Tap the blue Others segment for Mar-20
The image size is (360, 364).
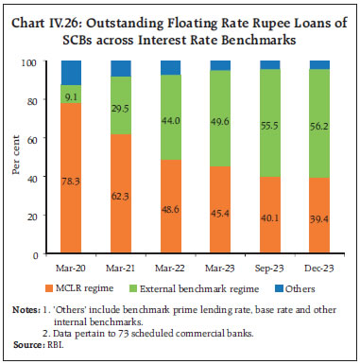71,72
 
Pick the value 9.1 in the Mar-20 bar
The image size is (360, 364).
71,95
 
